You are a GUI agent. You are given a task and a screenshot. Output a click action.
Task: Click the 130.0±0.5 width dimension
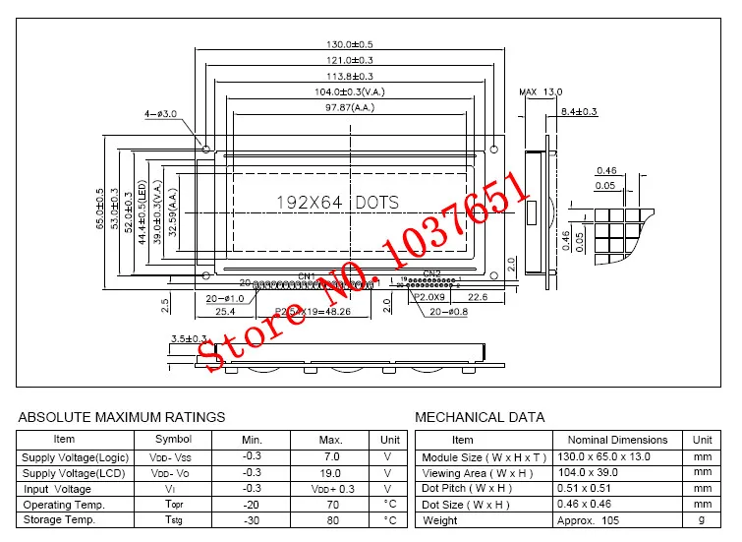pos(349,44)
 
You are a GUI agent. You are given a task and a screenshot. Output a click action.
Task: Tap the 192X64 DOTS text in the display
pos(337,202)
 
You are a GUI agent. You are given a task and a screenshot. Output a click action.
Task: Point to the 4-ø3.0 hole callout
pos(161,115)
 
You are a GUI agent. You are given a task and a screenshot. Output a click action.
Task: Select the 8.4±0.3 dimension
pos(578,112)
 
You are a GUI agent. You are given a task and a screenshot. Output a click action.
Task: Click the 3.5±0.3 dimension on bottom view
pos(190,338)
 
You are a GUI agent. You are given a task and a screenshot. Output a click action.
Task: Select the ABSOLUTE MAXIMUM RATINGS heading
pos(122,417)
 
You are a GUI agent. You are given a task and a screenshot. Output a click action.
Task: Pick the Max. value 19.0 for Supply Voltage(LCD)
pos(331,473)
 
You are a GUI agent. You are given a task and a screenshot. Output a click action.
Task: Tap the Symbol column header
pos(173,440)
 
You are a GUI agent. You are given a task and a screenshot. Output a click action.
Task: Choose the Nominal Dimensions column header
pos(617,440)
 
